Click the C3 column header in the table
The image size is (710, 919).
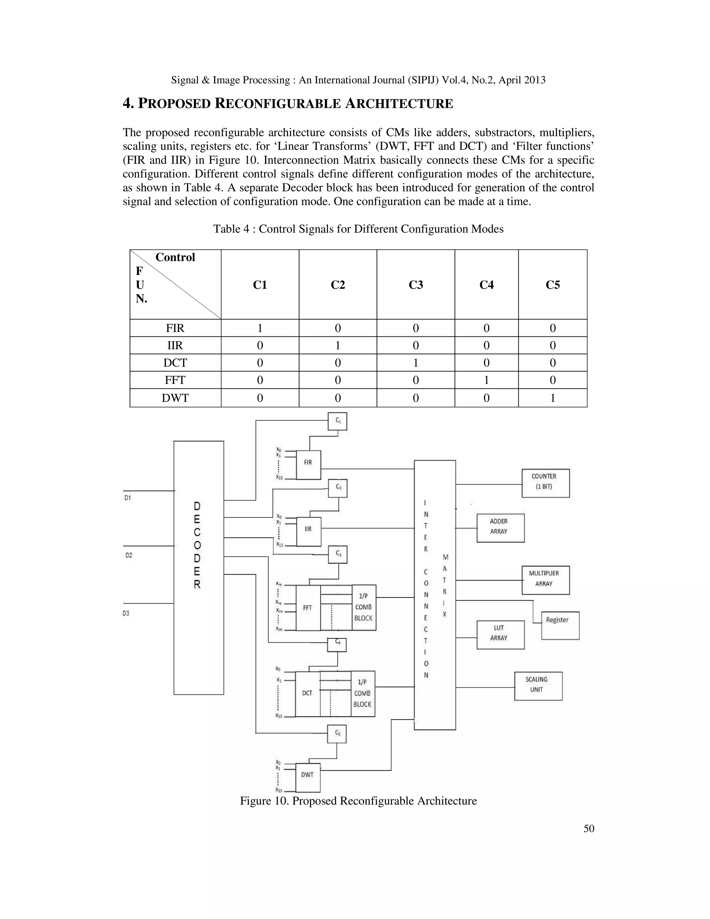coord(416,285)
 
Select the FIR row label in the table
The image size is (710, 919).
coord(175,328)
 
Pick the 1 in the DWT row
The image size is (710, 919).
coord(553,398)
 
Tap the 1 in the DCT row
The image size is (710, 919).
coord(416,363)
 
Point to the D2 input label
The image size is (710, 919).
coord(129,556)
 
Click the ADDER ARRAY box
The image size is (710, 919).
coord(501,528)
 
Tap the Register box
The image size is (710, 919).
coord(560,625)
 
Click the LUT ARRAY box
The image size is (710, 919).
coord(501,635)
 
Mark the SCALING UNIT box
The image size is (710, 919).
coord(538,686)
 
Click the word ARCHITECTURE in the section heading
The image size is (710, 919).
coord(399,103)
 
